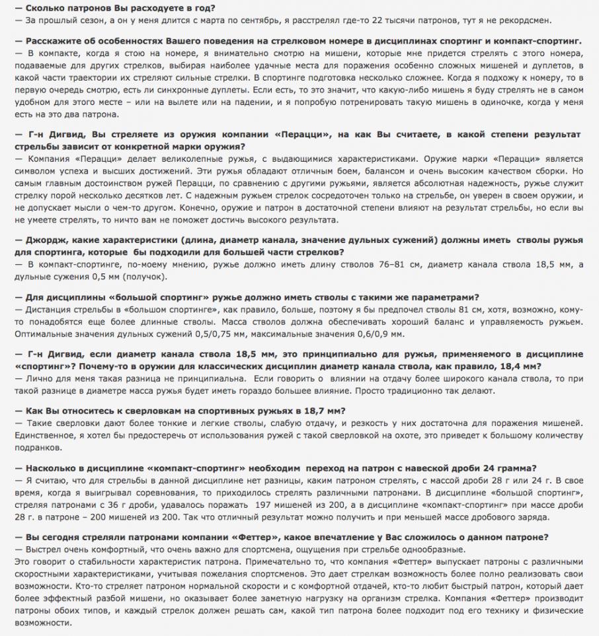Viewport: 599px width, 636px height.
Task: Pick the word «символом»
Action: [x=35, y=170]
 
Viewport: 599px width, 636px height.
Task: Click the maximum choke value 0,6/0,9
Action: [x=392, y=334]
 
